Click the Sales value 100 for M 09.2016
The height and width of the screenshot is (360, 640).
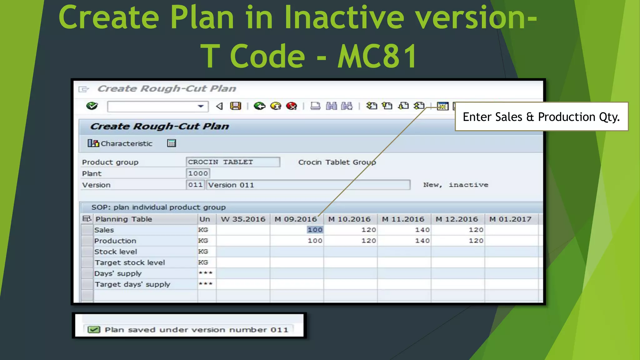click(x=315, y=230)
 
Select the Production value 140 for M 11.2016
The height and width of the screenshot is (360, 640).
click(x=422, y=241)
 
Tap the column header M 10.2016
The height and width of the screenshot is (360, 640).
click(x=349, y=219)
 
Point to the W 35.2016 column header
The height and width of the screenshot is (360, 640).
click(x=243, y=219)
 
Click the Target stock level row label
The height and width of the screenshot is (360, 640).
click(x=130, y=263)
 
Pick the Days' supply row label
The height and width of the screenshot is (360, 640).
click(x=118, y=274)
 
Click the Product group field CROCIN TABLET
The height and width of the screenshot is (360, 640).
click(x=232, y=162)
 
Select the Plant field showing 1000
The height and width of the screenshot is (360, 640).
click(x=198, y=173)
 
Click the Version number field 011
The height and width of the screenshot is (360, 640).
click(x=195, y=185)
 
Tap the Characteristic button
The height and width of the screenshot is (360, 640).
click(x=120, y=143)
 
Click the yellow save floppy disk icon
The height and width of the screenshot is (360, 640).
click(x=236, y=106)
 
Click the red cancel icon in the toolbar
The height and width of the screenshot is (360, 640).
click(x=292, y=106)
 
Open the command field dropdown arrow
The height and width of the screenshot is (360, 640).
click(x=201, y=106)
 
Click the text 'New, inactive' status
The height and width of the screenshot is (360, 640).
click(x=456, y=185)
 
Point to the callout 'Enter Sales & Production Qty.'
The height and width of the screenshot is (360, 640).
click(x=541, y=117)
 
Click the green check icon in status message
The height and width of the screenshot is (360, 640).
click(x=94, y=330)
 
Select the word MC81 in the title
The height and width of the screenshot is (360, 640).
click(x=377, y=56)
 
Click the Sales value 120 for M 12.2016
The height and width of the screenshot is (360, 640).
click(x=476, y=230)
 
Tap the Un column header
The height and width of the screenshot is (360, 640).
click(x=205, y=219)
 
